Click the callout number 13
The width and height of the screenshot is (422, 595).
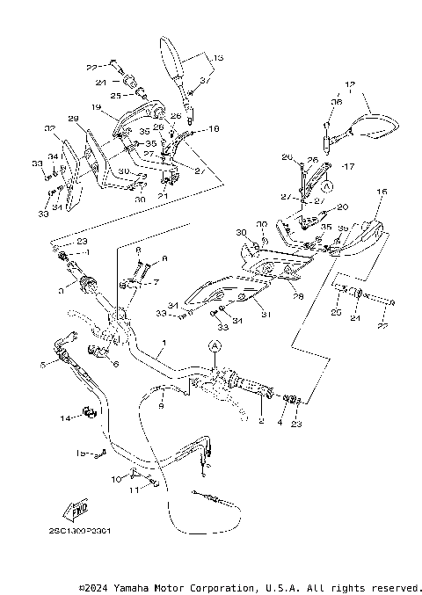(219, 57)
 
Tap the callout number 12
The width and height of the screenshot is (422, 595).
(350, 85)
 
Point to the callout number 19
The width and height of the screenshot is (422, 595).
(94, 107)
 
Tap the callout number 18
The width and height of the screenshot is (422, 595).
(214, 128)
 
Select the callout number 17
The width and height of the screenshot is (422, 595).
(348, 166)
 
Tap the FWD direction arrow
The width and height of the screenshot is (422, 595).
(70, 511)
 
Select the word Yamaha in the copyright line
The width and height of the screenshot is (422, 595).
(136, 587)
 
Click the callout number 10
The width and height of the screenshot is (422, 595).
(115, 480)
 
